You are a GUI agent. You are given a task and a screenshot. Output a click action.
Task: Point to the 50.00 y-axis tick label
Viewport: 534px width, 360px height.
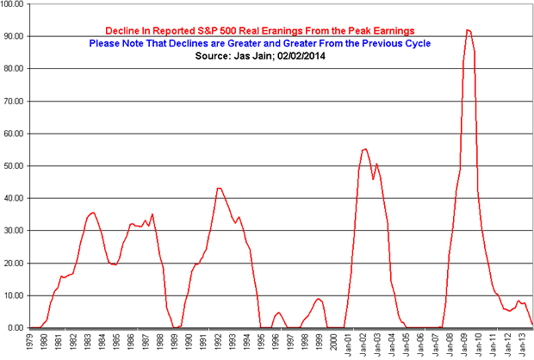16,165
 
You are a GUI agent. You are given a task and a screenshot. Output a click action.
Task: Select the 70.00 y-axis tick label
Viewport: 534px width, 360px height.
16,101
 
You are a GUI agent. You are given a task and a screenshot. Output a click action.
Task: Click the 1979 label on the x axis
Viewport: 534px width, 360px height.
29,344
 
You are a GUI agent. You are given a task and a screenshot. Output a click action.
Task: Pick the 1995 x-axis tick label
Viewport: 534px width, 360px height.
262,344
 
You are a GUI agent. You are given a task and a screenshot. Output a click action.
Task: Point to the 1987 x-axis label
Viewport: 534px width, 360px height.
146,344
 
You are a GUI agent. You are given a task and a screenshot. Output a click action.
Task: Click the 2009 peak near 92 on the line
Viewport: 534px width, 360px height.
468,30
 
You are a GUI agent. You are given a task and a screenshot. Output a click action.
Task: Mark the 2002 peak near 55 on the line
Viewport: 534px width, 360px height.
364,149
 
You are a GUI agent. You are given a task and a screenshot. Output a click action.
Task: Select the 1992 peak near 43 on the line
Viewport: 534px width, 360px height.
219,188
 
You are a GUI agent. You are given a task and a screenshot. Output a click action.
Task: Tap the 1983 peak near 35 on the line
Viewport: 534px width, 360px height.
93,212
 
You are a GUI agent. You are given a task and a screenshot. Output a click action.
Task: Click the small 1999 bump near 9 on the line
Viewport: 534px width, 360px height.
319,299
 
